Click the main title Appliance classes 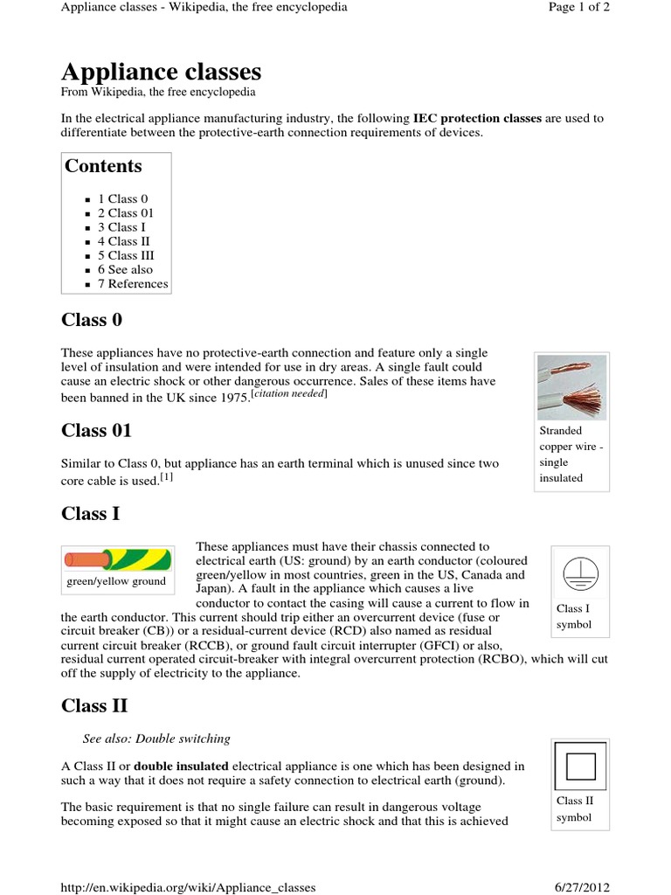tap(161, 71)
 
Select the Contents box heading tap(103, 166)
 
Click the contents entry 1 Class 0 tap(128, 198)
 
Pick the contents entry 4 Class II tap(129, 241)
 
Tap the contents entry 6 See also tap(130, 269)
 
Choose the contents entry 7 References tap(138, 283)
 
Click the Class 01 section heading tap(96, 430)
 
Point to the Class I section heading tap(90, 513)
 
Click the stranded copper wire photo tap(571, 385)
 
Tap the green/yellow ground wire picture tap(116, 559)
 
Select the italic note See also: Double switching tap(156, 739)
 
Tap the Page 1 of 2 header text tap(578, 7)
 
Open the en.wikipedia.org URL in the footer tap(188, 887)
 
